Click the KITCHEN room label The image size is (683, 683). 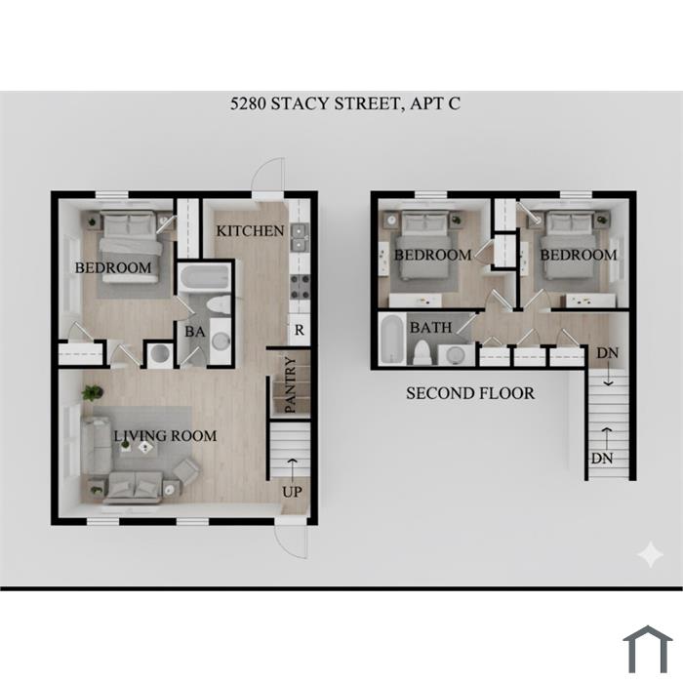(x=250, y=231)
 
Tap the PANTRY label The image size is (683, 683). (x=290, y=384)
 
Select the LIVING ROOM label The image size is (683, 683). (x=165, y=435)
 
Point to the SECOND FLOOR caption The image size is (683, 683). (x=470, y=393)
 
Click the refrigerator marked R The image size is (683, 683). (x=300, y=330)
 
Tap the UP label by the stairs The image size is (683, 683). (x=292, y=492)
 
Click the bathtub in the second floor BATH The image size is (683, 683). (x=392, y=339)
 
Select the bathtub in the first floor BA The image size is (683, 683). (x=204, y=277)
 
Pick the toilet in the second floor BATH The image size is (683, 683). (x=422, y=352)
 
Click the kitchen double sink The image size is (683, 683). (x=300, y=237)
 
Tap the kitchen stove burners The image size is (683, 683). (x=300, y=287)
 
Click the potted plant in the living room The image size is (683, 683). (x=93, y=392)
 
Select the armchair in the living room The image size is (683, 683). (x=186, y=471)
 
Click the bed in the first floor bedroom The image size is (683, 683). (x=130, y=247)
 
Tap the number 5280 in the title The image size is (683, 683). (x=248, y=103)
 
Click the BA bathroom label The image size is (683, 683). (x=195, y=332)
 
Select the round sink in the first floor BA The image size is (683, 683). (x=221, y=341)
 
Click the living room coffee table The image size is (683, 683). (x=139, y=449)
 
